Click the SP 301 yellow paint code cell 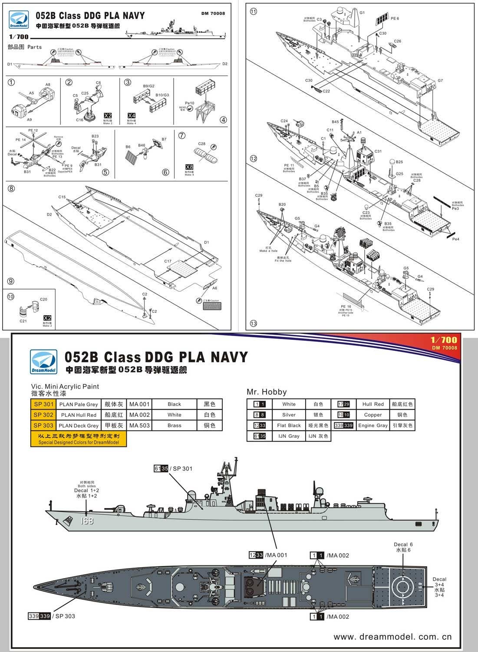point(43,404)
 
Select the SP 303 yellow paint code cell point(43,426)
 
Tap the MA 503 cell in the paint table point(139,426)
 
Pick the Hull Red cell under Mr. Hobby point(373,404)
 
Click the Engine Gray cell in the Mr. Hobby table point(373,426)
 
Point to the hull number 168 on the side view point(87,521)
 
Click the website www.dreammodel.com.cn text point(392,637)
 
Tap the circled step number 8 point(11,188)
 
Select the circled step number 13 point(254,323)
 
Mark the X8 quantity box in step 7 point(189,167)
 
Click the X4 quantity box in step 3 point(131,116)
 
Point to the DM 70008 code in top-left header point(213,13)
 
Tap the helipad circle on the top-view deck point(402,587)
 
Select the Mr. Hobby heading point(267,392)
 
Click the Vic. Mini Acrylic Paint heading point(65,386)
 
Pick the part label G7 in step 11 point(440,81)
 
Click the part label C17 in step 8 point(168,261)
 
